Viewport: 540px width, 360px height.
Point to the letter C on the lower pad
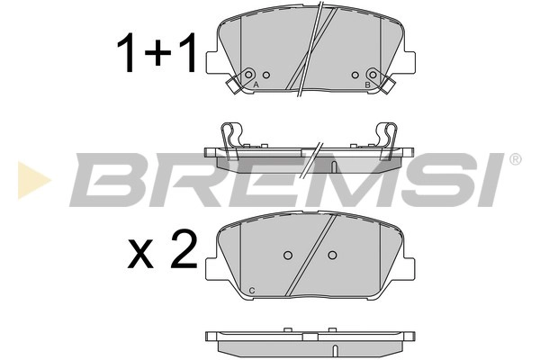pos(251,288)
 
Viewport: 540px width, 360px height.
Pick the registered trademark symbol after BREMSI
pos(515,160)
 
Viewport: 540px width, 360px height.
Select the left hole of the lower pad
pos(289,256)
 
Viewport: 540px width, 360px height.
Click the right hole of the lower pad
pos(332,256)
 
